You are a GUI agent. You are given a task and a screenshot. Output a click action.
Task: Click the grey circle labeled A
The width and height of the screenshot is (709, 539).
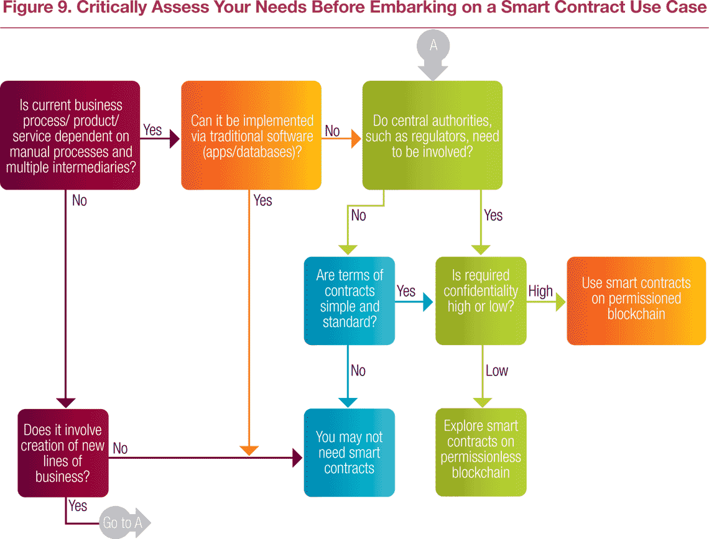point(433,46)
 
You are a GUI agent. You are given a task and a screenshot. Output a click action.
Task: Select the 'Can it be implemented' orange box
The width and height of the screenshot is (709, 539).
point(251,135)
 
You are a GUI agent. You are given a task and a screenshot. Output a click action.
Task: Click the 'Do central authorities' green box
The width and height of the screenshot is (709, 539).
point(432,135)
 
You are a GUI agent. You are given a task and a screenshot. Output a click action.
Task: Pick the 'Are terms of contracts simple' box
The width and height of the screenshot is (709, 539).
point(350,301)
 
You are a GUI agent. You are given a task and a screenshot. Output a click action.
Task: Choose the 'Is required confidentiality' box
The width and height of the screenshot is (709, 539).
point(481,301)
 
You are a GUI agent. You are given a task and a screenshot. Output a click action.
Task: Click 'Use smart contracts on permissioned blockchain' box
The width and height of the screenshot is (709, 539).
point(636,301)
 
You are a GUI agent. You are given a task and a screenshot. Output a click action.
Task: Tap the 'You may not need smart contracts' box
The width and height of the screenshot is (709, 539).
point(350,453)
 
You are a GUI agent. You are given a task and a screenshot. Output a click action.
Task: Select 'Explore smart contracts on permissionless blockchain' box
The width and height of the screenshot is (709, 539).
point(481,452)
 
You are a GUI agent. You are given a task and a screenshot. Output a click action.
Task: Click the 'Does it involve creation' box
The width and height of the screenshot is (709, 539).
point(63,453)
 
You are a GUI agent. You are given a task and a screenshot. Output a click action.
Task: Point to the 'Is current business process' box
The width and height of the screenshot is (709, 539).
point(70,135)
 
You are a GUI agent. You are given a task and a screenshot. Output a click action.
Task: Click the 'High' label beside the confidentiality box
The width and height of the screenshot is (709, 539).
point(540,291)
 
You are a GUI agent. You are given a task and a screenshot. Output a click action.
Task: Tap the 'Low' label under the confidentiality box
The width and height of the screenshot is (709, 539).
point(496,371)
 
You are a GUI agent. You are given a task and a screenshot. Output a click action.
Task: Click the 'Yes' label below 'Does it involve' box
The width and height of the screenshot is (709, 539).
point(77,505)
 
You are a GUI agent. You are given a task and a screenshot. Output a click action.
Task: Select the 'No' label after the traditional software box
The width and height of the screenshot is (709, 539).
point(332,131)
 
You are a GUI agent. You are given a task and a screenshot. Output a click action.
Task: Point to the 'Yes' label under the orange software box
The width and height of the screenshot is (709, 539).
point(262,200)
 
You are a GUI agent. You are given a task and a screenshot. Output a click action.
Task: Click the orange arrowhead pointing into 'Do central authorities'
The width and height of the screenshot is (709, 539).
point(356,139)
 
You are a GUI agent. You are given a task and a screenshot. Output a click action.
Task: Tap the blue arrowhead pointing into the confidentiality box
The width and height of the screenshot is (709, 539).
point(428,302)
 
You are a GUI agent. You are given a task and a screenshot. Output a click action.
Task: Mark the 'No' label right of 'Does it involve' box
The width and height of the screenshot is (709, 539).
point(120,448)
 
